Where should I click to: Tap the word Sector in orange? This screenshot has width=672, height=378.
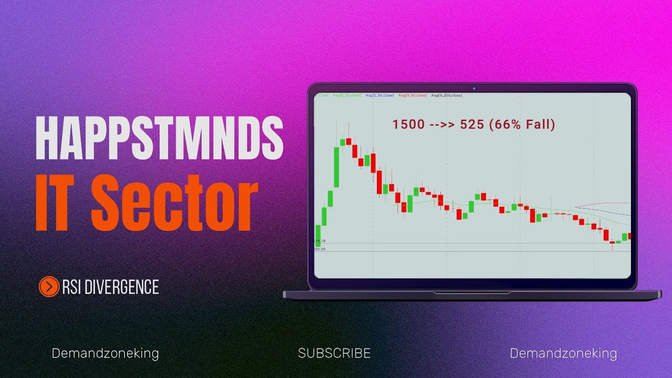tap(175, 202)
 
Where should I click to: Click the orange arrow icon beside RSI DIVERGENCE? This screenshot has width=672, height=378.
tap(49, 287)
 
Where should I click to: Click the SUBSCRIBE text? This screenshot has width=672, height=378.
tap(334, 353)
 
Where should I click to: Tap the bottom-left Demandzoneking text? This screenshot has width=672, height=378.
tap(105, 353)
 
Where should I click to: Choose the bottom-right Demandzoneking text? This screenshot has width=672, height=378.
tap(563, 353)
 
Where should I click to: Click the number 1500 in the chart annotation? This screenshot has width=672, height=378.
tap(407, 125)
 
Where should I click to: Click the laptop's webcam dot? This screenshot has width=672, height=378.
tap(473, 88)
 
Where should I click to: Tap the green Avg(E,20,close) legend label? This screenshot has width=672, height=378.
tap(346, 96)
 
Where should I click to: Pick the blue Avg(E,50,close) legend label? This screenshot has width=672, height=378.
tap(379, 96)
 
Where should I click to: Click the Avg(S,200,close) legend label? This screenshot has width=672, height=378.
tap(446, 96)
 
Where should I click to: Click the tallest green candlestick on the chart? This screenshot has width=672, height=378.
tap(337, 167)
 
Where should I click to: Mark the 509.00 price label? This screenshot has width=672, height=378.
tap(319, 249)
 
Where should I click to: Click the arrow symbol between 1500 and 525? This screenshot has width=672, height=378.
tap(438, 125)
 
